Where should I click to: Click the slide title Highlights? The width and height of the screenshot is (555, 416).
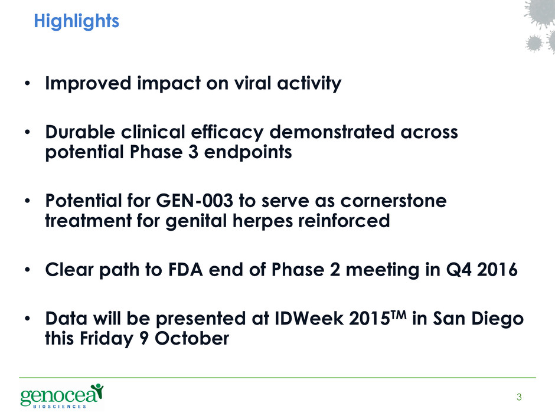coord(76,21)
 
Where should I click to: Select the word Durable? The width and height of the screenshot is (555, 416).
coord(80,132)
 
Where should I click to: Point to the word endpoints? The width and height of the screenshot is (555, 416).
coord(248,152)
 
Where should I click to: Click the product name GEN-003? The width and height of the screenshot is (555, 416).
coord(194,201)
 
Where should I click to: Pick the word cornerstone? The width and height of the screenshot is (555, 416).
coord(393,201)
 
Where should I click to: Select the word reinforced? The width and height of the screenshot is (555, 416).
coord(344,221)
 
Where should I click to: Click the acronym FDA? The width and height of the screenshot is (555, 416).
coord(185,270)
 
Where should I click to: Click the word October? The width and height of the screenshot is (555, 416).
coord(192,338)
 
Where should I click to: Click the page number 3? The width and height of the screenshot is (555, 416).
coord(519,397)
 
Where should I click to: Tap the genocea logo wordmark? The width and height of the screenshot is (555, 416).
coord(62,395)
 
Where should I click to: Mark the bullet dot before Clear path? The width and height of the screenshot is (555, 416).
coord(28,270)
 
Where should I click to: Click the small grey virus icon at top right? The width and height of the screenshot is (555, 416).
coord(534,44)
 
